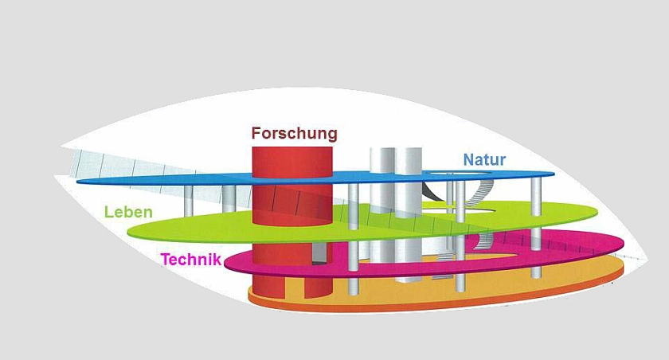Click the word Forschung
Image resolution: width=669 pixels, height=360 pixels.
click(294, 134)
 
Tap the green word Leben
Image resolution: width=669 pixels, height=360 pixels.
click(128, 213)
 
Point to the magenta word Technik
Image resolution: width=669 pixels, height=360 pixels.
click(190, 259)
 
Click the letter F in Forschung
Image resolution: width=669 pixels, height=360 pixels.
click(257, 134)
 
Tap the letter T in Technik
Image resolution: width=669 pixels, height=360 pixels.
click(165, 259)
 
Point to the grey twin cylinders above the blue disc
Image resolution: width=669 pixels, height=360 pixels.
click(397, 163)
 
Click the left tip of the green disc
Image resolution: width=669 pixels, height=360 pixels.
click(130, 232)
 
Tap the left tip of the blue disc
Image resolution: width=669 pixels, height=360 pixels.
click(80, 182)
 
